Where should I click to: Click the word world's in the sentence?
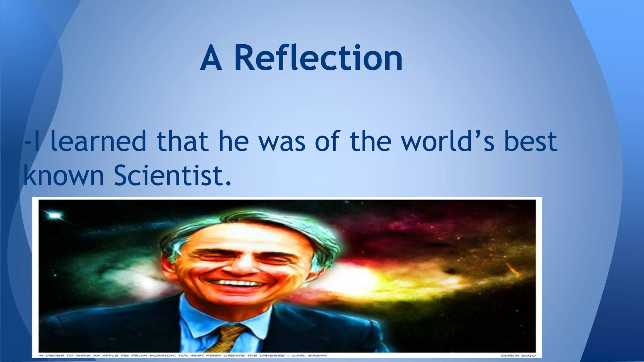click(448, 141)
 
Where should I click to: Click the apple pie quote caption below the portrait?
click(182, 356)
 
